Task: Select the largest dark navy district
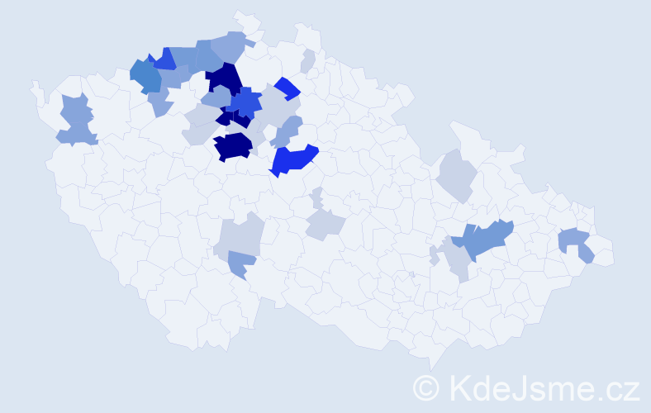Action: tap(232, 146)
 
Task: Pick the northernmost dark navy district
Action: tap(223, 78)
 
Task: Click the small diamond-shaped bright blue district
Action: tap(287, 87)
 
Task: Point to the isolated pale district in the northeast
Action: tap(455, 174)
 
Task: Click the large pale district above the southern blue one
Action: tap(239, 235)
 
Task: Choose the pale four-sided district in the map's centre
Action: tap(324, 223)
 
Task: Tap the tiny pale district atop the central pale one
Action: tap(317, 198)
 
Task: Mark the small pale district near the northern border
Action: tap(308, 60)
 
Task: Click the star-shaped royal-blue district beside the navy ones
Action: tap(245, 103)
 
